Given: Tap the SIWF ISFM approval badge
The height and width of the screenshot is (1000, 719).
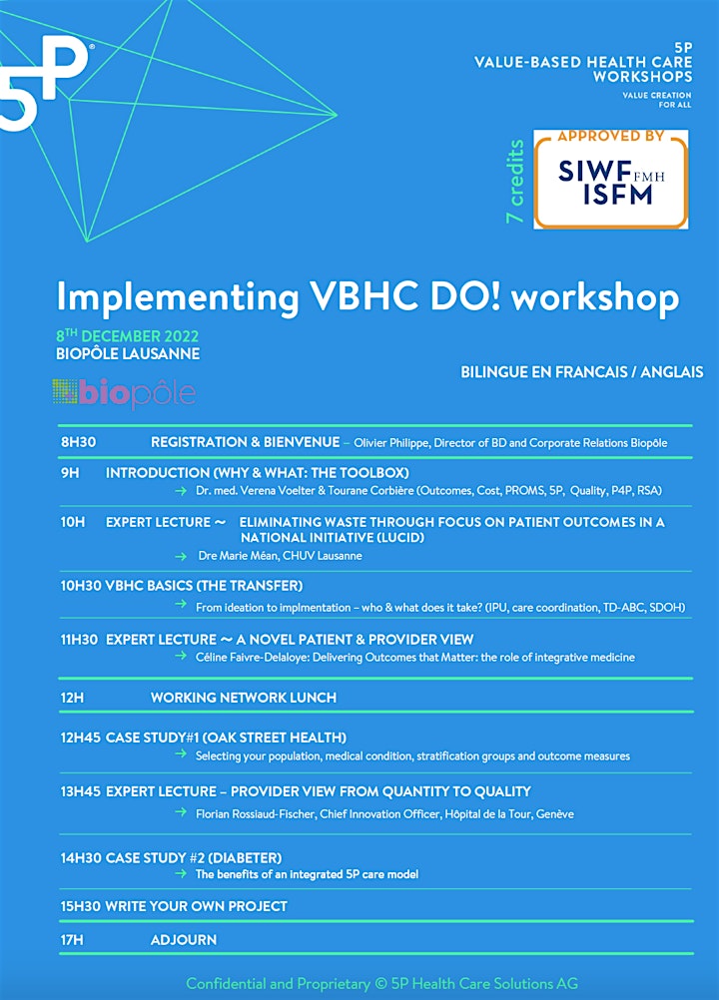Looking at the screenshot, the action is (610, 180).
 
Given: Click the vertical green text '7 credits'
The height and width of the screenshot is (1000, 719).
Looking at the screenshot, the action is (515, 182).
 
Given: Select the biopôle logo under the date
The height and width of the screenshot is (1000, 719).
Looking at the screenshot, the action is (125, 393).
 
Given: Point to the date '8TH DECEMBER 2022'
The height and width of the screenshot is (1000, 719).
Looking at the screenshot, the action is (128, 336).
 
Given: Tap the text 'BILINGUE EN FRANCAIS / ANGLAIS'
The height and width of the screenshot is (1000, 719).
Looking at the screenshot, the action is (582, 372).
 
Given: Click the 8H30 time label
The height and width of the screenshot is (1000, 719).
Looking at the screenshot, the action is (79, 442).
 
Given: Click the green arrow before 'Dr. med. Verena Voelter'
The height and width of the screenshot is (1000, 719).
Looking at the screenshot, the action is (181, 491).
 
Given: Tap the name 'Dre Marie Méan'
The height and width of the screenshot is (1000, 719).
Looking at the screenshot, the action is (238, 556).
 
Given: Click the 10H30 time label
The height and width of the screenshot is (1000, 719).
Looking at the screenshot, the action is (81, 586).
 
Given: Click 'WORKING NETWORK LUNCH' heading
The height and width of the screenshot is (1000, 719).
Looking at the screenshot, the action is (244, 698).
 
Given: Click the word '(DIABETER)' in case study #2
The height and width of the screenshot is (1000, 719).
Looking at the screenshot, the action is (246, 858).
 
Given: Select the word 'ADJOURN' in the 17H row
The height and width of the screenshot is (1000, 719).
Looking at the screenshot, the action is (184, 940).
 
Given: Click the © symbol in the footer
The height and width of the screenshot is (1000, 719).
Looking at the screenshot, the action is (380, 984).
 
